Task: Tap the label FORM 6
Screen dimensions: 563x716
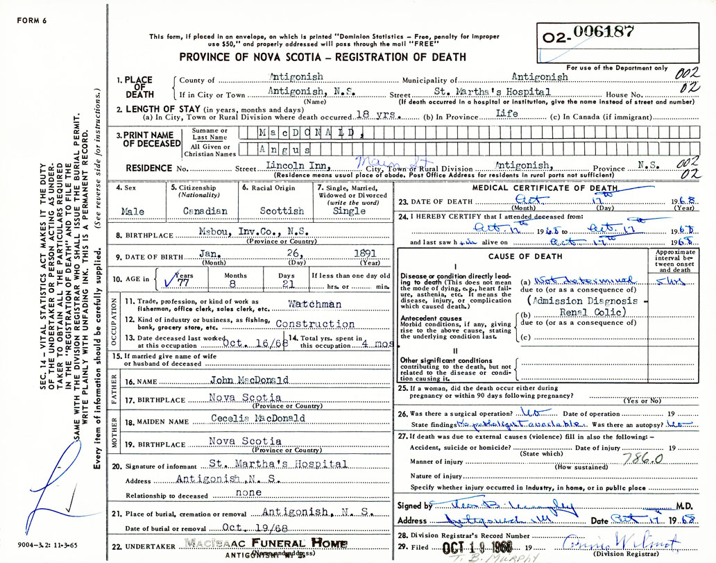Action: click(32, 21)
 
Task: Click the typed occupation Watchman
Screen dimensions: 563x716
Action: click(315, 304)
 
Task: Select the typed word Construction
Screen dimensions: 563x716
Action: click(315, 323)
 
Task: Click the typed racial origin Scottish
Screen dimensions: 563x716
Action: click(282, 211)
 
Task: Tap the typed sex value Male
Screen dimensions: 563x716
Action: click(133, 211)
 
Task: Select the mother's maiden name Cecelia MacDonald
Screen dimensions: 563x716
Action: click(258, 419)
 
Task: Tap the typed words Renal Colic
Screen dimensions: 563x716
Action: click(592, 312)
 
